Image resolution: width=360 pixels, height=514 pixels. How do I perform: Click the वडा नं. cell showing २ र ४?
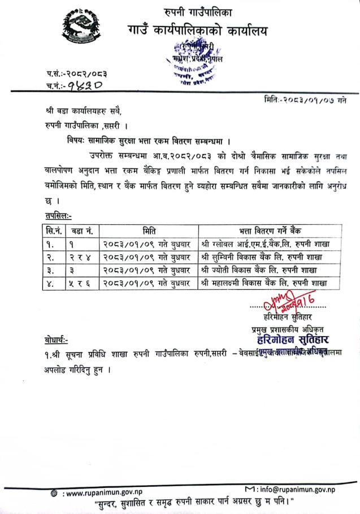click(82, 257)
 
